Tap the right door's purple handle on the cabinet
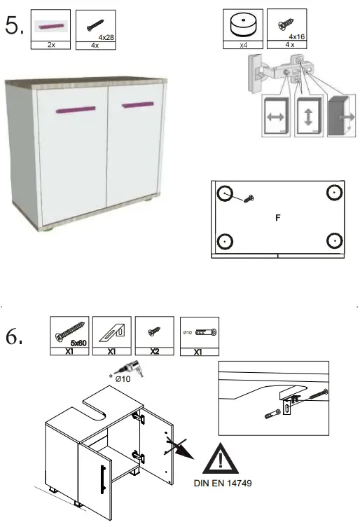137,104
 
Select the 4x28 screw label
106,36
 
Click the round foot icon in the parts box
242,25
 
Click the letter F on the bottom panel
277,218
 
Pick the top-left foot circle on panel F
224,193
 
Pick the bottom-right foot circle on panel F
333,241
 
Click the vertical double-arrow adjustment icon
309,116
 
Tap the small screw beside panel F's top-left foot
248,200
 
